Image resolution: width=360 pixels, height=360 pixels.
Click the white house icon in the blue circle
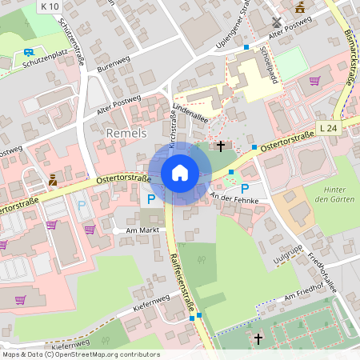tap(180, 172)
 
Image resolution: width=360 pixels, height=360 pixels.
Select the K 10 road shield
tap(48, 6)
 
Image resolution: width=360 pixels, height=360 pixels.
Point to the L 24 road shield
tap(327, 128)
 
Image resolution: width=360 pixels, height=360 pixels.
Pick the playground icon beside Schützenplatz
tap(28, 53)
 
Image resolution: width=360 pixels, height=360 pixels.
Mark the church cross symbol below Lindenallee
tap(221, 146)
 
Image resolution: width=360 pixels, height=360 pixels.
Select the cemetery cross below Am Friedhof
tap(258, 339)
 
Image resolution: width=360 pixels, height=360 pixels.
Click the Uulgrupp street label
tap(286, 257)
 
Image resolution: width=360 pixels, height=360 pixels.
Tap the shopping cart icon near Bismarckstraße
tap(314, 80)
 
